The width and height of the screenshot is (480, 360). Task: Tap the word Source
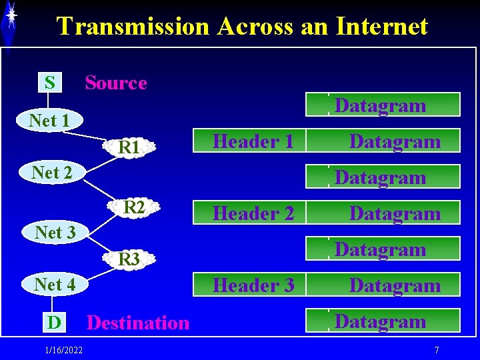coord(115,83)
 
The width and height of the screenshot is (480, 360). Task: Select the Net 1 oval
coord(49,121)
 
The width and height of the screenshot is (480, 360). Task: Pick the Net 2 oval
coord(52,172)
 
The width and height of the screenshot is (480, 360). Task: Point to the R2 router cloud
coord(134,207)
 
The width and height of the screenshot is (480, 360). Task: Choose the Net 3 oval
coord(55,232)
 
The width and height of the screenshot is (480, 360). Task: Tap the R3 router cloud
coord(128,259)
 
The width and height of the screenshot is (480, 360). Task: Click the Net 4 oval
coord(55,284)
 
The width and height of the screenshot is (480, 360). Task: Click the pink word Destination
coord(138,323)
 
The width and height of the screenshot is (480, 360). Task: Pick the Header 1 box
coord(253,141)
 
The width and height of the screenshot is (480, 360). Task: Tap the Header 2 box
coord(253,213)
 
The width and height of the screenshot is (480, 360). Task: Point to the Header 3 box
coord(253,285)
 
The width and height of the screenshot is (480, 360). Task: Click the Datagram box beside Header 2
coord(395,213)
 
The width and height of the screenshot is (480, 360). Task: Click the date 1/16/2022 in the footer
coord(64,350)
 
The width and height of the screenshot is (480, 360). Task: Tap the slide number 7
coord(436,350)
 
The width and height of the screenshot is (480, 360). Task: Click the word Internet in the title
coord(382,26)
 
